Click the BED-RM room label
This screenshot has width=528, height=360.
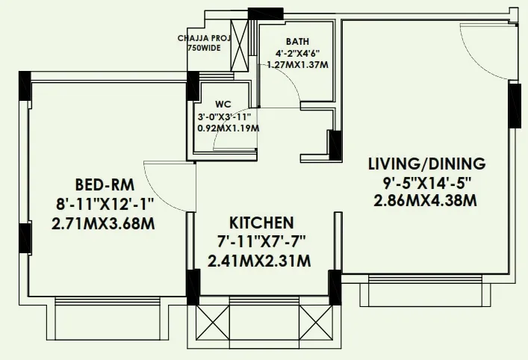(x=105, y=185)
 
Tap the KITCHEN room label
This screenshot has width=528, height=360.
(x=261, y=223)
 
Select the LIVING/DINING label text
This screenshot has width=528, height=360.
(x=427, y=164)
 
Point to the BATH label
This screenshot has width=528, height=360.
(x=297, y=42)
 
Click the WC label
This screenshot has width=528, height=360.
(x=223, y=105)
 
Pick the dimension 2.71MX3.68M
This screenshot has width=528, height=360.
(x=103, y=224)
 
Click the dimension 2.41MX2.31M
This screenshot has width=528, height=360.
(x=259, y=261)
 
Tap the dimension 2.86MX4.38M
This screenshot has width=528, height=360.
(x=425, y=201)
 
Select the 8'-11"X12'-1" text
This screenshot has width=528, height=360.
(x=105, y=205)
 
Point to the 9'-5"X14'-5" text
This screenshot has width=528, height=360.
(x=426, y=183)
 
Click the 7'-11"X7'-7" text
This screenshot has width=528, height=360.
(x=261, y=242)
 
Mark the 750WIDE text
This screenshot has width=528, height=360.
(x=205, y=48)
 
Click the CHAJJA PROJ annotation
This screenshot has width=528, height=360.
(x=204, y=38)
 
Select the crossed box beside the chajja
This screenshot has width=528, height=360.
(x=240, y=46)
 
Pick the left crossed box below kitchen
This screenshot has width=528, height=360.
(x=213, y=323)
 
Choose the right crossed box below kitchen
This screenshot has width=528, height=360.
(x=316, y=323)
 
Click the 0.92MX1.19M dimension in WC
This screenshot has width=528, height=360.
(x=229, y=128)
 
